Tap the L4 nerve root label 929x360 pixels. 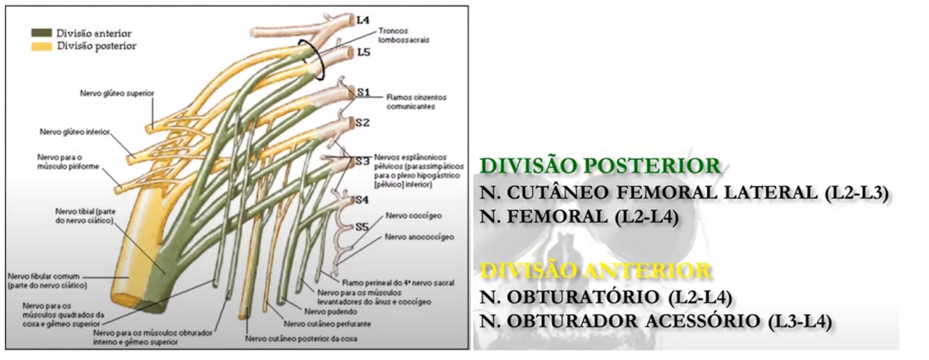[x=362, y=20]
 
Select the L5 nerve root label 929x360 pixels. [x=363, y=52]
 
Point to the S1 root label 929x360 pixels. [x=363, y=92]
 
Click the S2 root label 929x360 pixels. [x=362, y=123]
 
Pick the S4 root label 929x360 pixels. [x=361, y=200]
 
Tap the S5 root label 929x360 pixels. [x=361, y=226]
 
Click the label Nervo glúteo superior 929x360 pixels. [x=116, y=93]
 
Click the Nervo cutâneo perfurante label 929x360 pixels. [x=327, y=324]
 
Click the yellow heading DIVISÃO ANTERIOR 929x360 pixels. [x=595, y=270]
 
